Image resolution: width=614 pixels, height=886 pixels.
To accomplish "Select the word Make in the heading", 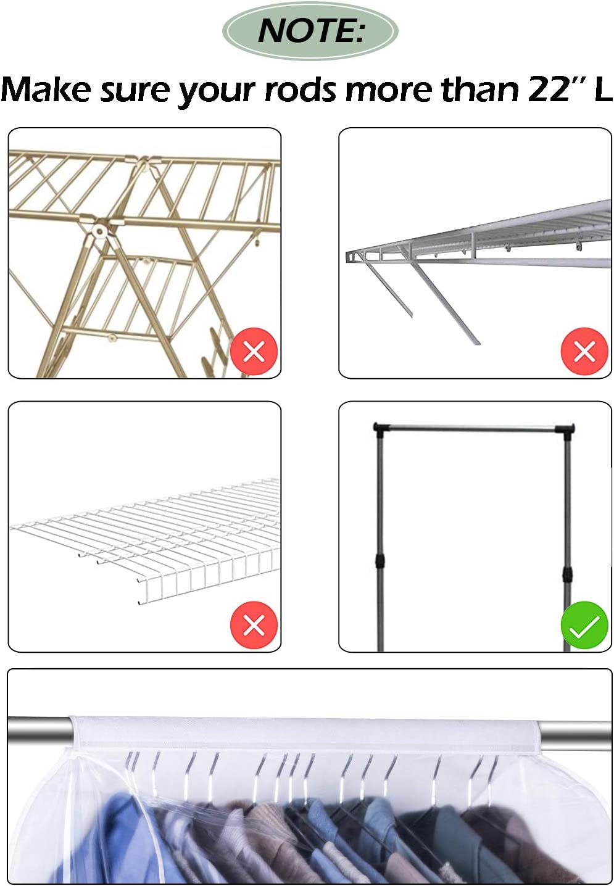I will pos(47,90).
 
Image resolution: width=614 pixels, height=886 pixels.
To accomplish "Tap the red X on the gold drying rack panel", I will pos(254,352).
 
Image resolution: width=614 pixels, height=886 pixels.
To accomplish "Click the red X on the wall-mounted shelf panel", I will pos(584,352).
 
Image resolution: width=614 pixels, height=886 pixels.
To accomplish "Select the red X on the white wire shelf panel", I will pos(254,625).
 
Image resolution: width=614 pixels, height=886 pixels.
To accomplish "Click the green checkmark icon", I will pos(584,625).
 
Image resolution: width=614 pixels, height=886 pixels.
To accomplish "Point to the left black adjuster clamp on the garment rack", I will pos(380,561).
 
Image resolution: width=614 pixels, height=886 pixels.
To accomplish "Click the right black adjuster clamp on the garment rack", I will pos(567,569).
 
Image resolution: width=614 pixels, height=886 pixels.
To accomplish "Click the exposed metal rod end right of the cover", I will pos(576,734).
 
